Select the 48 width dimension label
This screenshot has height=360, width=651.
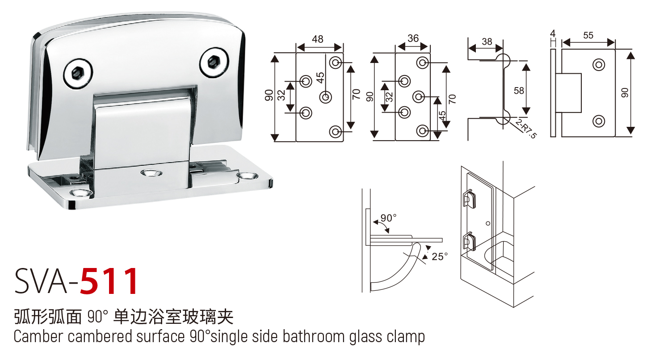tap(318, 39)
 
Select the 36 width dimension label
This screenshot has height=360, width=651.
tap(413, 38)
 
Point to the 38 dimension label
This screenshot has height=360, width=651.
tap(487, 42)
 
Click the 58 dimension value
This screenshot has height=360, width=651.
tap(519, 90)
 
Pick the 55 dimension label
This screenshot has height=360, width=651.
tap(588, 35)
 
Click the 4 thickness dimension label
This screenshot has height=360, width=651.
tap(553, 33)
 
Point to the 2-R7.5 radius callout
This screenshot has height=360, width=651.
tap(525, 128)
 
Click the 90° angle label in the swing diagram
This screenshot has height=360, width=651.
tap(388, 218)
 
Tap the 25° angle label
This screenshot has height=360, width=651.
tap(439, 256)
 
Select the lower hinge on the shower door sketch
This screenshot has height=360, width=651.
tap(469, 241)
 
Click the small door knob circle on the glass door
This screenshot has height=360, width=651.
tap(488, 222)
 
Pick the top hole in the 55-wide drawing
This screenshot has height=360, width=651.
tap(598, 64)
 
